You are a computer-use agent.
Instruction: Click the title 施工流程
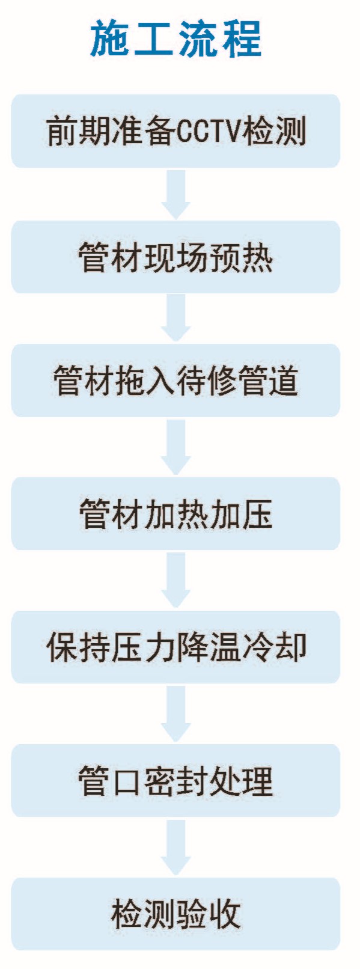click(x=176, y=38)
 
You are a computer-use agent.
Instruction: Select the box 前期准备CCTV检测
click(x=175, y=130)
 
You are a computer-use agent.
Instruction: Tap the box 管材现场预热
click(x=175, y=257)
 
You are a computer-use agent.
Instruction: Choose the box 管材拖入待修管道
click(x=175, y=381)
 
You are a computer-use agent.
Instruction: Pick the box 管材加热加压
click(x=175, y=513)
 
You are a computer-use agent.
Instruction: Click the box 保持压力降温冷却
click(x=175, y=647)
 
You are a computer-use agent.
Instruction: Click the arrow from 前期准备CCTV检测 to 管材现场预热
click(x=175, y=194)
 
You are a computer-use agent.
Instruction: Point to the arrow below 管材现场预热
click(x=175, y=318)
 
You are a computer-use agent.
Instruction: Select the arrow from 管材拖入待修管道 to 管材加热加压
click(x=175, y=447)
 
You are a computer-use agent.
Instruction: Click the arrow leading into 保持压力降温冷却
click(x=175, y=580)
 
